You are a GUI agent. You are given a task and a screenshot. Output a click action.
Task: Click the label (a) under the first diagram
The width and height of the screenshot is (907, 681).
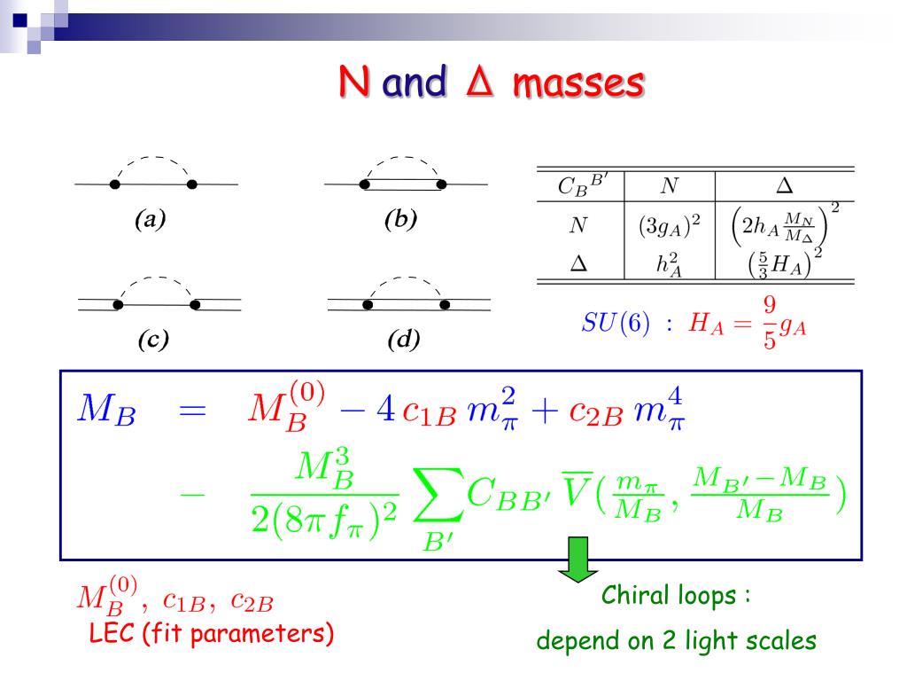151,219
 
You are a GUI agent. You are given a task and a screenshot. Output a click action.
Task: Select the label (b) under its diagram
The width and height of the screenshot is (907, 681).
400,219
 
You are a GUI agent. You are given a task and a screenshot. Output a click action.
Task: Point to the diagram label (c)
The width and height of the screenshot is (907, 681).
153,340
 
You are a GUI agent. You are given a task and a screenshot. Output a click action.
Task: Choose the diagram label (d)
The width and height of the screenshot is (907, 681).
404,340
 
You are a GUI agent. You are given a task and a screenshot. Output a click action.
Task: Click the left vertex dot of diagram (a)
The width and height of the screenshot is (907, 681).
114,184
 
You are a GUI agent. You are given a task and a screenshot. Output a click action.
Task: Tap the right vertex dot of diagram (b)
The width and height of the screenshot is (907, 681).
441,184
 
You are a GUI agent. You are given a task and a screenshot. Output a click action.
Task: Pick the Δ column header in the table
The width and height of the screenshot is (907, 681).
784,185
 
